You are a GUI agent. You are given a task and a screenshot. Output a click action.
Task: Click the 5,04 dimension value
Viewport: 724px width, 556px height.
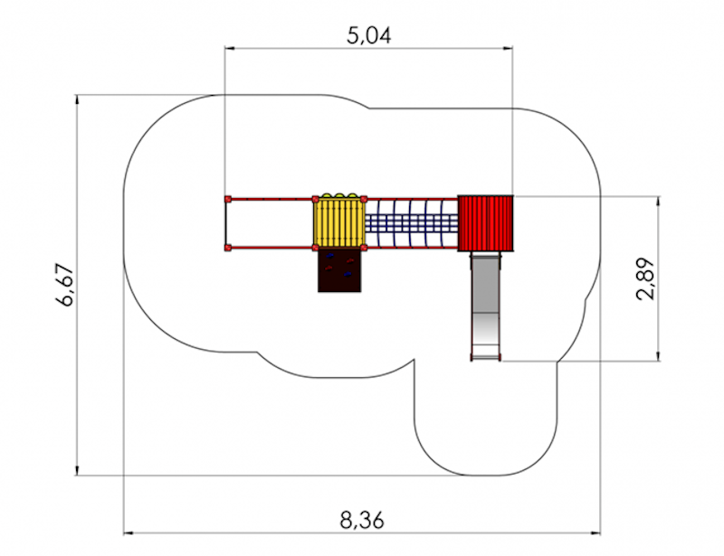(369, 35)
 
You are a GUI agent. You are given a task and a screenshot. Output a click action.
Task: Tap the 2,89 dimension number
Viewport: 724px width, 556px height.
(645, 278)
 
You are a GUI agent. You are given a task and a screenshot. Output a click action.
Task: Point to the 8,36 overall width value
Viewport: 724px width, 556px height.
(362, 521)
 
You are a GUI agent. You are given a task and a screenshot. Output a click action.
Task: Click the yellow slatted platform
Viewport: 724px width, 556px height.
(339, 222)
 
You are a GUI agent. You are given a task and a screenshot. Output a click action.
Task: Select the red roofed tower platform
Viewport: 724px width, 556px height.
(485, 223)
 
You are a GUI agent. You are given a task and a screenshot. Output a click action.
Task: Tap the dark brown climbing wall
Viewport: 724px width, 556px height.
(339, 270)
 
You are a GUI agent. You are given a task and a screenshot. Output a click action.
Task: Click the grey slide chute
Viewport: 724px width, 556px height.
(485, 306)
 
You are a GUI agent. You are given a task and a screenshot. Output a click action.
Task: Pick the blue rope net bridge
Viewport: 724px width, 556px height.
(412, 223)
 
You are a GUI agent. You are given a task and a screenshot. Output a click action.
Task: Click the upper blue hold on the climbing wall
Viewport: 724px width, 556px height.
(329, 255)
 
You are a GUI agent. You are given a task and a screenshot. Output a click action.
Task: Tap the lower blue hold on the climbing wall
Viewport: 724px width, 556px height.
(348, 275)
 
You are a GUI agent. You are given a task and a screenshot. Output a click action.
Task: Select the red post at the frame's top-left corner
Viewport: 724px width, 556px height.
(228, 199)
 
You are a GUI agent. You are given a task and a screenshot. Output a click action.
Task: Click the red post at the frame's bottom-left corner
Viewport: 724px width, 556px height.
(228, 248)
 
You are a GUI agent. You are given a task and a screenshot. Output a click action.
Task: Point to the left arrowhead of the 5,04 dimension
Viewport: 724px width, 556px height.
(229, 48)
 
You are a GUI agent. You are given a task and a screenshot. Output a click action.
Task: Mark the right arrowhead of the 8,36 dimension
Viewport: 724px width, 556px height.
(596, 532)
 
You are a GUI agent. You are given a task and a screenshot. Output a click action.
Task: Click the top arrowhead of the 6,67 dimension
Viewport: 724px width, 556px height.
(77, 99)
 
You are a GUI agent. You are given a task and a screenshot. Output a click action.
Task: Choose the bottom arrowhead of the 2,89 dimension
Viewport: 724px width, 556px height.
(659, 357)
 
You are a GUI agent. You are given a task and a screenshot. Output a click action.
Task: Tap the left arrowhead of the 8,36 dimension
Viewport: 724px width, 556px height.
(128, 532)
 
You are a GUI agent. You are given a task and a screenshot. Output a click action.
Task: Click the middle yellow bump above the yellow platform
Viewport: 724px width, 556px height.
(339, 195)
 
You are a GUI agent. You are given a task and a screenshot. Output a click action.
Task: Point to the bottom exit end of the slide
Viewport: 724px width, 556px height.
(485, 358)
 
